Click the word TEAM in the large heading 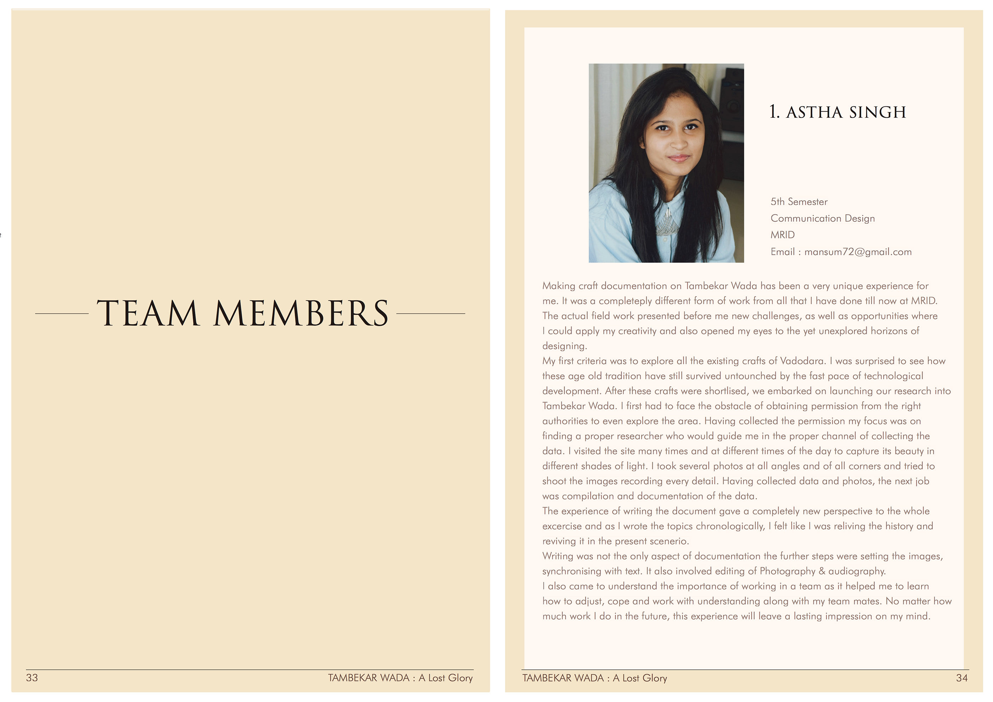pos(148,313)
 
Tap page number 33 pos(32,678)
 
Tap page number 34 pos(961,678)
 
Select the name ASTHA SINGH pos(845,112)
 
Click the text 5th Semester pos(799,202)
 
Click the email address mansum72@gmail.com pos(858,252)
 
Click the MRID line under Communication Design pos(782,235)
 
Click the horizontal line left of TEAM pos(62,314)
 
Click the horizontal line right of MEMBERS pos(430,314)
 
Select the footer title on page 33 pos(400,678)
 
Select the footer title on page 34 pos(594,678)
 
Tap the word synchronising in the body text pos(571,572)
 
